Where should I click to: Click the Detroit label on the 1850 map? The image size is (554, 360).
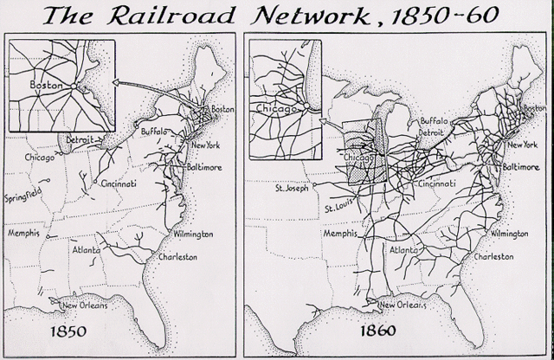pyautogui.click(x=81, y=139)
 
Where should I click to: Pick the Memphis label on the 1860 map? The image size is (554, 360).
pyautogui.click(x=340, y=235)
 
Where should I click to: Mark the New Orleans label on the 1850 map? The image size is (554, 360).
pyautogui.click(x=81, y=304)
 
